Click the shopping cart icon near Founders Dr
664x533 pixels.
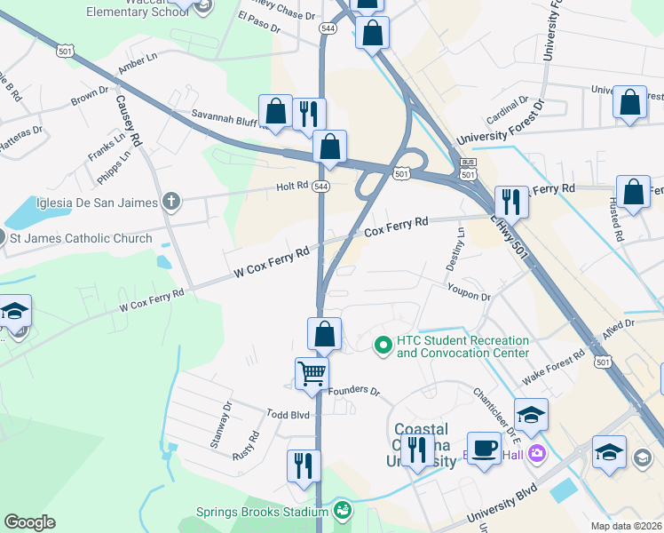coord(312,374)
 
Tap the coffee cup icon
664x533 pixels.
coord(485,448)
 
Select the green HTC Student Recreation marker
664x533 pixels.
coord(383,343)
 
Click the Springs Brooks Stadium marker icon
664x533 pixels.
coord(342,511)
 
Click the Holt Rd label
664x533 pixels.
coord(291,186)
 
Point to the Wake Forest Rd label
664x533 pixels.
coord(553,368)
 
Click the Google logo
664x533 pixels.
coord(29,522)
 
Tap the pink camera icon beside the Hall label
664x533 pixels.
coord(536,454)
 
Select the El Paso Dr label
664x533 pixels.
coord(259,23)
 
